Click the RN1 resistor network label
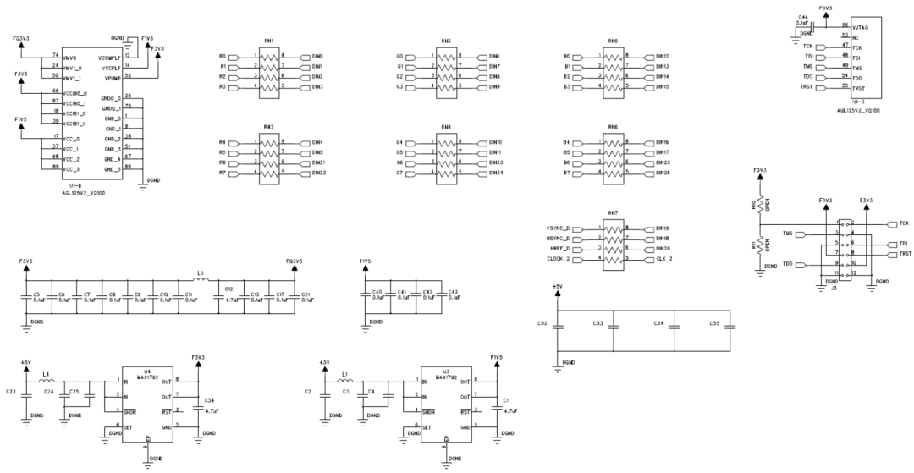pyautogui.click(x=268, y=41)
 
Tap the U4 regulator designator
pyautogui.click(x=146, y=371)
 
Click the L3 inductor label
pyautogui.click(x=200, y=273)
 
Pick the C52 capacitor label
pyautogui.click(x=542, y=323)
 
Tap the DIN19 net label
pyautogui.click(x=663, y=228)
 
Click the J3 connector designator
pyautogui.click(x=834, y=289)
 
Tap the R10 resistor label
pyautogui.click(x=753, y=205)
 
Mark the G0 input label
pyautogui.click(x=399, y=56)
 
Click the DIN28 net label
pyautogui.click(x=663, y=173)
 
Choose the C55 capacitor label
pyautogui.click(x=714, y=323)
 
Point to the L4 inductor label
pyautogui.click(x=47, y=373)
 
